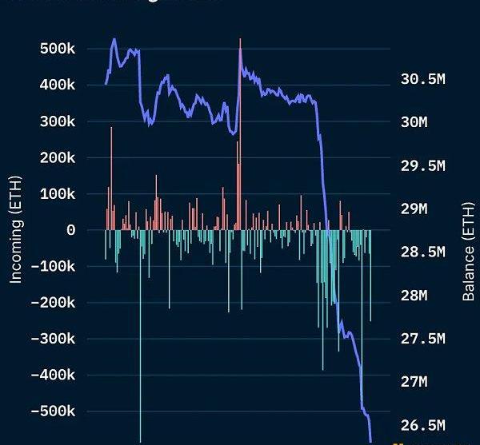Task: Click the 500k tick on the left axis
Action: click(x=57, y=49)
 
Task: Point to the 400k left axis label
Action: click(x=57, y=85)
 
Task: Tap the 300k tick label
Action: click(x=57, y=121)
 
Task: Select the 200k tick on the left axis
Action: click(x=57, y=157)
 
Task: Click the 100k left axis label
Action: click(x=57, y=194)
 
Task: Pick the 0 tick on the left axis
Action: click(x=71, y=230)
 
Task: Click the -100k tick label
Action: click(x=53, y=266)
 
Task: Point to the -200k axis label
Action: click(x=53, y=303)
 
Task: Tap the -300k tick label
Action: click(x=53, y=339)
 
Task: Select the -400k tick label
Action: click(x=53, y=375)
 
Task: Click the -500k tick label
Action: click(x=53, y=411)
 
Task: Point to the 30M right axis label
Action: click(x=414, y=122)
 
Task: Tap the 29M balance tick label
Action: click(x=414, y=209)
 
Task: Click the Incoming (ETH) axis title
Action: click(x=16, y=230)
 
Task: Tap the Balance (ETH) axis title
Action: click(x=469, y=252)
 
